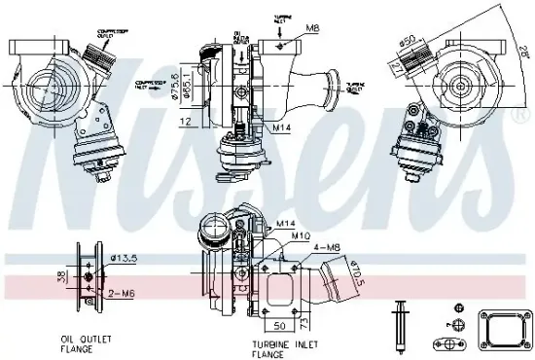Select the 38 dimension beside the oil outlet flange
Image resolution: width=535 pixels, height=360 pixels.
coord(60,276)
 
